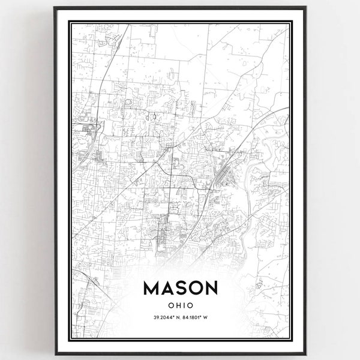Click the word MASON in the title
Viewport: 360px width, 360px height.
click(180, 289)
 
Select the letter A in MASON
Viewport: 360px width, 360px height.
click(168, 289)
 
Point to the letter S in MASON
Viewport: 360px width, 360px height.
click(181, 289)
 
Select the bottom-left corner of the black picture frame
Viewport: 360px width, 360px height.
click(55, 355)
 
